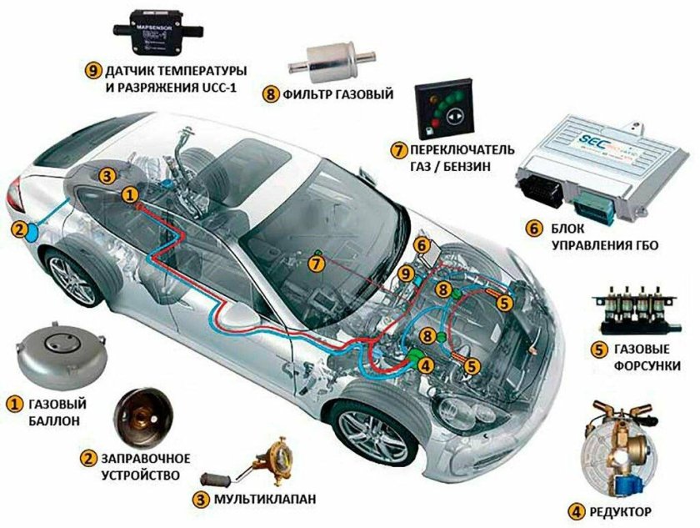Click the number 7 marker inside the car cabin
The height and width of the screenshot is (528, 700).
[x=314, y=264]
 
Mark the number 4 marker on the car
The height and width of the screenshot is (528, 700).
[x=425, y=364]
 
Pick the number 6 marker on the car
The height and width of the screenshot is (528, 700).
[x=422, y=245]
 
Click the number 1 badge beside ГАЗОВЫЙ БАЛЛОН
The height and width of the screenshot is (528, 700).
[x=14, y=404]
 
